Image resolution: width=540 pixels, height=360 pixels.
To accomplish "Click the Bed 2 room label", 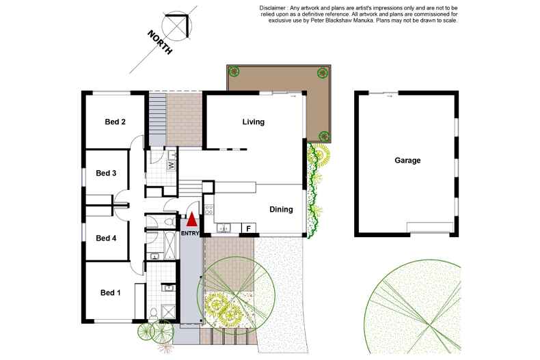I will pyautogui.click(x=115, y=122).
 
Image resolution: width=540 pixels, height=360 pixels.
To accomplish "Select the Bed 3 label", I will pyautogui.click(x=106, y=173).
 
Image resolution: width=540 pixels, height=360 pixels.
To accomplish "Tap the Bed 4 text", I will pyautogui.click(x=106, y=238).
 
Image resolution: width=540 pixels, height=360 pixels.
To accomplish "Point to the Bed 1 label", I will pyautogui.click(x=110, y=293).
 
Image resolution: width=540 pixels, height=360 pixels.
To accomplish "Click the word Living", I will pyautogui.click(x=253, y=122).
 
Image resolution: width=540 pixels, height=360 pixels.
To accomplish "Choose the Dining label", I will pyautogui.click(x=281, y=210).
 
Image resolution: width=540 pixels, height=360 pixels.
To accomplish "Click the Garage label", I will pyautogui.click(x=407, y=161).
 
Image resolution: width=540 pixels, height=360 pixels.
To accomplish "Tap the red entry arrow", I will pyautogui.click(x=192, y=220).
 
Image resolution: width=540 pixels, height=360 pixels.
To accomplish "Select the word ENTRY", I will pyautogui.click(x=191, y=234).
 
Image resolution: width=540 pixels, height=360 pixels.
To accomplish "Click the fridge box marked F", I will pyautogui.click(x=248, y=227).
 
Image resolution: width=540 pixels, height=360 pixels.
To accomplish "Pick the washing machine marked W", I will pyautogui.click(x=172, y=165).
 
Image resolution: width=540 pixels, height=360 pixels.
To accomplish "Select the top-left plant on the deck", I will pyautogui.click(x=234, y=71).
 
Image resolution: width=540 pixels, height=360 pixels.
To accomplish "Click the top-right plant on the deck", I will pyautogui.click(x=321, y=72).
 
